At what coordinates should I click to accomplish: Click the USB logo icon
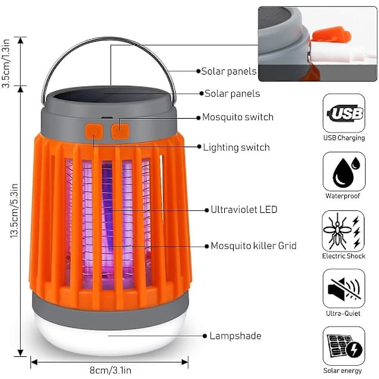[x=344, y=113]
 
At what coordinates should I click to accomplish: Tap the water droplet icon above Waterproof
[x=344, y=171]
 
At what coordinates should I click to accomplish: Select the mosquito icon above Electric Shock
[x=344, y=230]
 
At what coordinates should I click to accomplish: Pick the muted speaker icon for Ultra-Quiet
[x=344, y=288]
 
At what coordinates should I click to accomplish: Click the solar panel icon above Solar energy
[x=344, y=346]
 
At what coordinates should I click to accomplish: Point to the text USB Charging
[x=344, y=138]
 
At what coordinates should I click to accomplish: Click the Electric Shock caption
[x=344, y=256]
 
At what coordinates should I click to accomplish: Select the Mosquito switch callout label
[x=238, y=117]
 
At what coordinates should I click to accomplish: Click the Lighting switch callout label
[x=236, y=147]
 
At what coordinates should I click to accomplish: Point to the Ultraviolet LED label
[x=244, y=209]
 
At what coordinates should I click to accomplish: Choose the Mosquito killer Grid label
[x=253, y=245]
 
